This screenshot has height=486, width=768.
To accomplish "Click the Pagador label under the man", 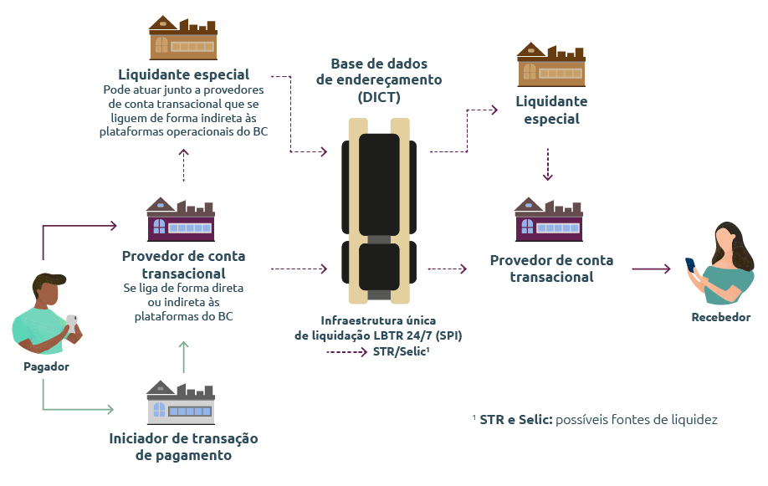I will [46, 366].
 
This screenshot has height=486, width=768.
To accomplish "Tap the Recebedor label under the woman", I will [720, 317].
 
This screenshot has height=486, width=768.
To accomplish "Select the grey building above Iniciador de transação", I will [181, 402].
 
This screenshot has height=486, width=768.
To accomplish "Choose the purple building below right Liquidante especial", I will [549, 220].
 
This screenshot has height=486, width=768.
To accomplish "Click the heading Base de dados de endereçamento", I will [378, 80].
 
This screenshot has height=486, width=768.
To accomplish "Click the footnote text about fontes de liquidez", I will [595, 419].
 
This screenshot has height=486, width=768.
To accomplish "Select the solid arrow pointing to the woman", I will [652, 269].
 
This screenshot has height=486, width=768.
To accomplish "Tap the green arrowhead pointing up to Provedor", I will [183, 345].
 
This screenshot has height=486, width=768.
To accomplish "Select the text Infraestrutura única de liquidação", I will [378, 328].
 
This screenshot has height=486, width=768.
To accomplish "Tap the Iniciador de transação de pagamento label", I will [183, 447].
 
